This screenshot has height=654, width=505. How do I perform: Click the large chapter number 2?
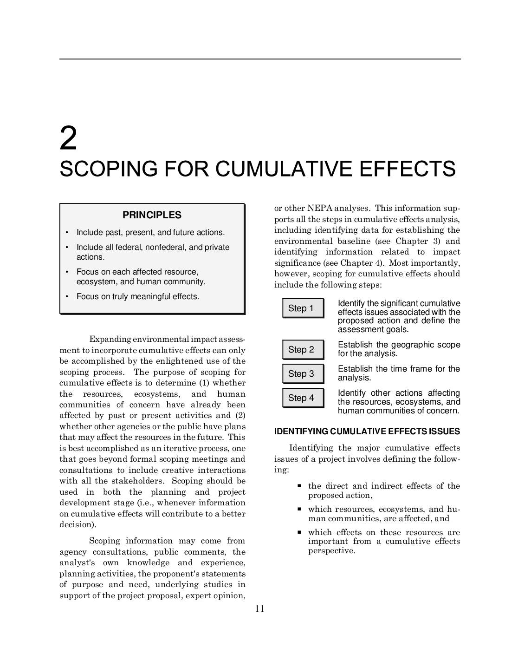(68, 138)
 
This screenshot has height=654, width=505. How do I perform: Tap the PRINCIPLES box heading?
(152, 215)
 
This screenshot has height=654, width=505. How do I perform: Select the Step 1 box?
(303, 308)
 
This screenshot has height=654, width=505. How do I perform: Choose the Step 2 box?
(303, 350)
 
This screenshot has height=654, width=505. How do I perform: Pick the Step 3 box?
(303, 374)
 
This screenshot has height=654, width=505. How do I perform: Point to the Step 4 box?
(303, 398)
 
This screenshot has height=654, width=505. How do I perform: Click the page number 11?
(259, 609)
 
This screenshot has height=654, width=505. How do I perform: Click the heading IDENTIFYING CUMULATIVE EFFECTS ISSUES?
(367, 432)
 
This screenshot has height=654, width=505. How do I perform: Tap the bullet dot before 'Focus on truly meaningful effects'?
(67, 296)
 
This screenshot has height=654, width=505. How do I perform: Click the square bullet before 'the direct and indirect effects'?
(299, 486)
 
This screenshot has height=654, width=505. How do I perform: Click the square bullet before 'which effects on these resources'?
(299, 532)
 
